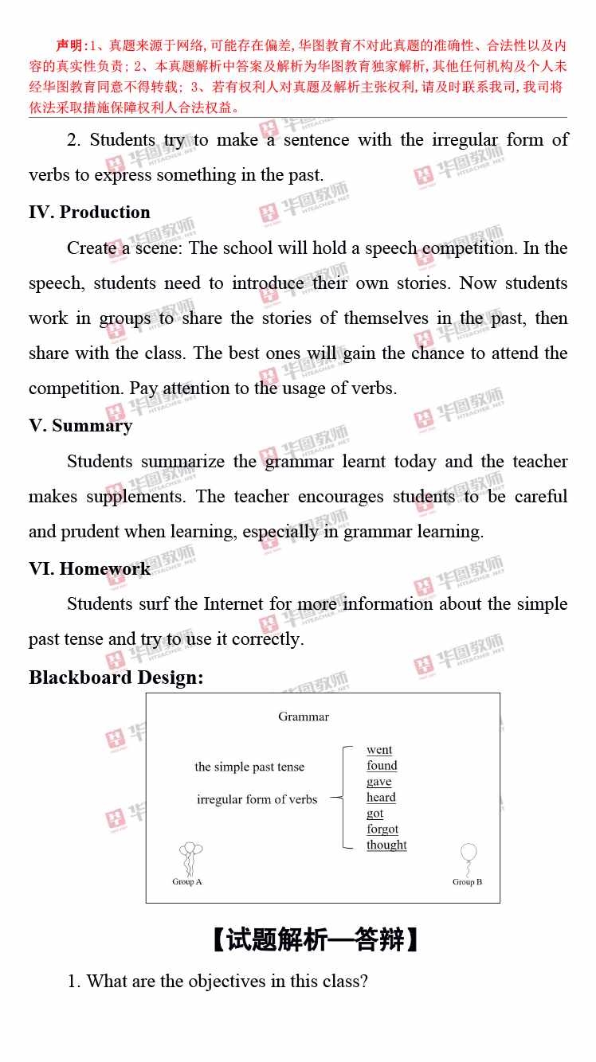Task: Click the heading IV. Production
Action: coord(89,213)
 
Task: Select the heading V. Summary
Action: coord(80,426)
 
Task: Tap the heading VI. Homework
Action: coord(89,568)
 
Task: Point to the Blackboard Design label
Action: coord(116,677)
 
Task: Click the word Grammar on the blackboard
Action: coord(304,716)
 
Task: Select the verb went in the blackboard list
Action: coord(379,750)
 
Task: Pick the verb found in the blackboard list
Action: coord(382,766)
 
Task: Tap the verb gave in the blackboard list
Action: coord(379,782)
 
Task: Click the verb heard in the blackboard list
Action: coord(381,798)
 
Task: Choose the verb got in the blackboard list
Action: coord(375,814)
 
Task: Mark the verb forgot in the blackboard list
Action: coord(382,830)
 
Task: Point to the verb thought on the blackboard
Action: coord(386,845)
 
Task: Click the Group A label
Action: coord(187,882)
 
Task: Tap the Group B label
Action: coord(468,882)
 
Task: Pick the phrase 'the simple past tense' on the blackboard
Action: coord(249,767)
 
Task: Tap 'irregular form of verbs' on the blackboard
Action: coord(257,799)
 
